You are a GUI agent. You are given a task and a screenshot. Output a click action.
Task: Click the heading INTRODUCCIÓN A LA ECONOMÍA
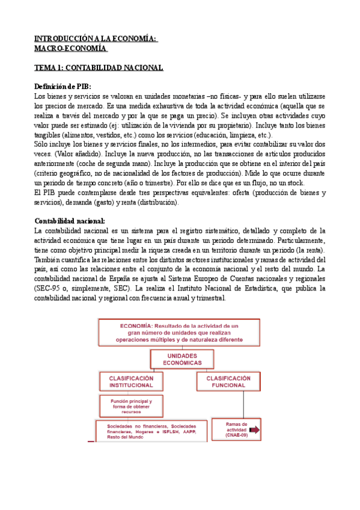point(95,38)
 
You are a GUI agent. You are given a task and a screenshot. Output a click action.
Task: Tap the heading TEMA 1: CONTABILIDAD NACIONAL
point(98,67)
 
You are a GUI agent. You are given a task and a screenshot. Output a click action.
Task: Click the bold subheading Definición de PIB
point(63,87)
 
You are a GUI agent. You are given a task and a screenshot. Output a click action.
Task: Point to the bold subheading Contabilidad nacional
point(70,204)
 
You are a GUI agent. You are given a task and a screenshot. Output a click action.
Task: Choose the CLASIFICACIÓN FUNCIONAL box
point(229,381)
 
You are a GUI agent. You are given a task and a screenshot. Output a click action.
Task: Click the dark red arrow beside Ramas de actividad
point(254,430)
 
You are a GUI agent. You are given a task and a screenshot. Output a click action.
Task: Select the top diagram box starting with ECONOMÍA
point(180,331)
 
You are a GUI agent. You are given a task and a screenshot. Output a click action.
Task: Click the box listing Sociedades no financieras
point(151,430)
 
